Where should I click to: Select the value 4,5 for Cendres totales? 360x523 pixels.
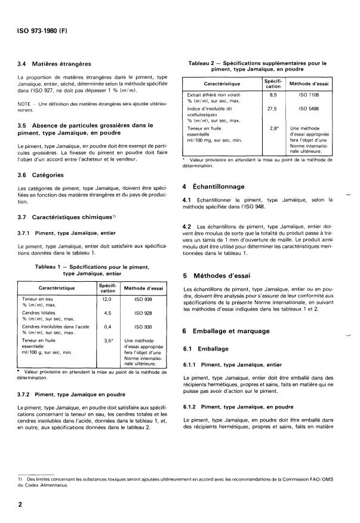[107, 312]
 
